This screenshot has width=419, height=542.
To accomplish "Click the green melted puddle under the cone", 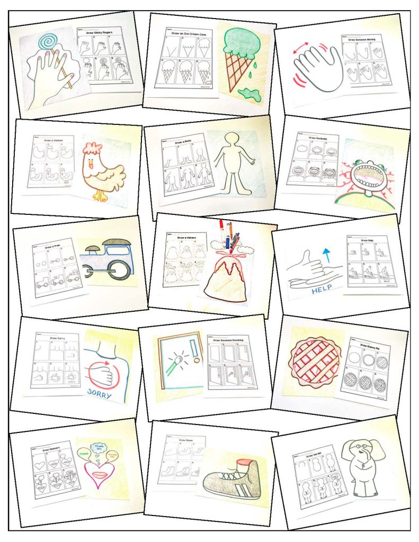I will (x=248, y=94).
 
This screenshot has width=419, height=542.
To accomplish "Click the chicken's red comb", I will (x=92, y=149).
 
